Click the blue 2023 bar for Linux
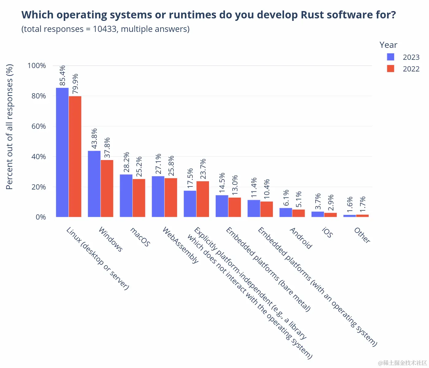pos(62,152)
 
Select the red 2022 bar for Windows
pos(107,189)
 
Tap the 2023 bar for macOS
pos(126,196)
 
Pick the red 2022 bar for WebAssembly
pos(171,197)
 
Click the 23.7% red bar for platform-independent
pos(203,199)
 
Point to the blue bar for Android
pos(286,213)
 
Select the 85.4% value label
pos(63,75)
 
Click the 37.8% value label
pos(107,148)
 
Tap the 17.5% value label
pos(190,178)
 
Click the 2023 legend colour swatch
pos(390,57)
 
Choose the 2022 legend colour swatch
pos(390,69)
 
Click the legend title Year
pos(388,45)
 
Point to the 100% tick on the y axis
pos(37,66)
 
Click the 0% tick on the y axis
pos(41,217)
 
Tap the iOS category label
pos(327,233)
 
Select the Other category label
pos(362,235)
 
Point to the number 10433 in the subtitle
pos(105,29)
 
